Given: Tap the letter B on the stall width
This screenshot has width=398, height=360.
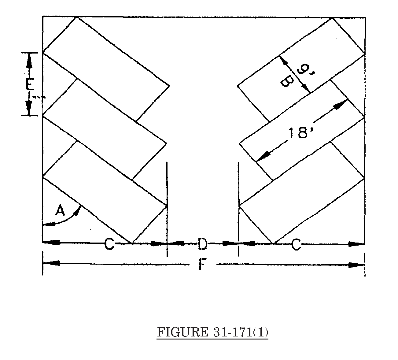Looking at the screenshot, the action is (x=286, y=81).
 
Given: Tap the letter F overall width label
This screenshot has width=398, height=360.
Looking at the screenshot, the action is (x=201, y=264).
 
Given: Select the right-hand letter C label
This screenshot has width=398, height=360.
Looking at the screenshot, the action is (x=296, y=245).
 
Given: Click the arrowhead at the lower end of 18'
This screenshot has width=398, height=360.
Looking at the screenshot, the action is (x=262, y=156).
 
